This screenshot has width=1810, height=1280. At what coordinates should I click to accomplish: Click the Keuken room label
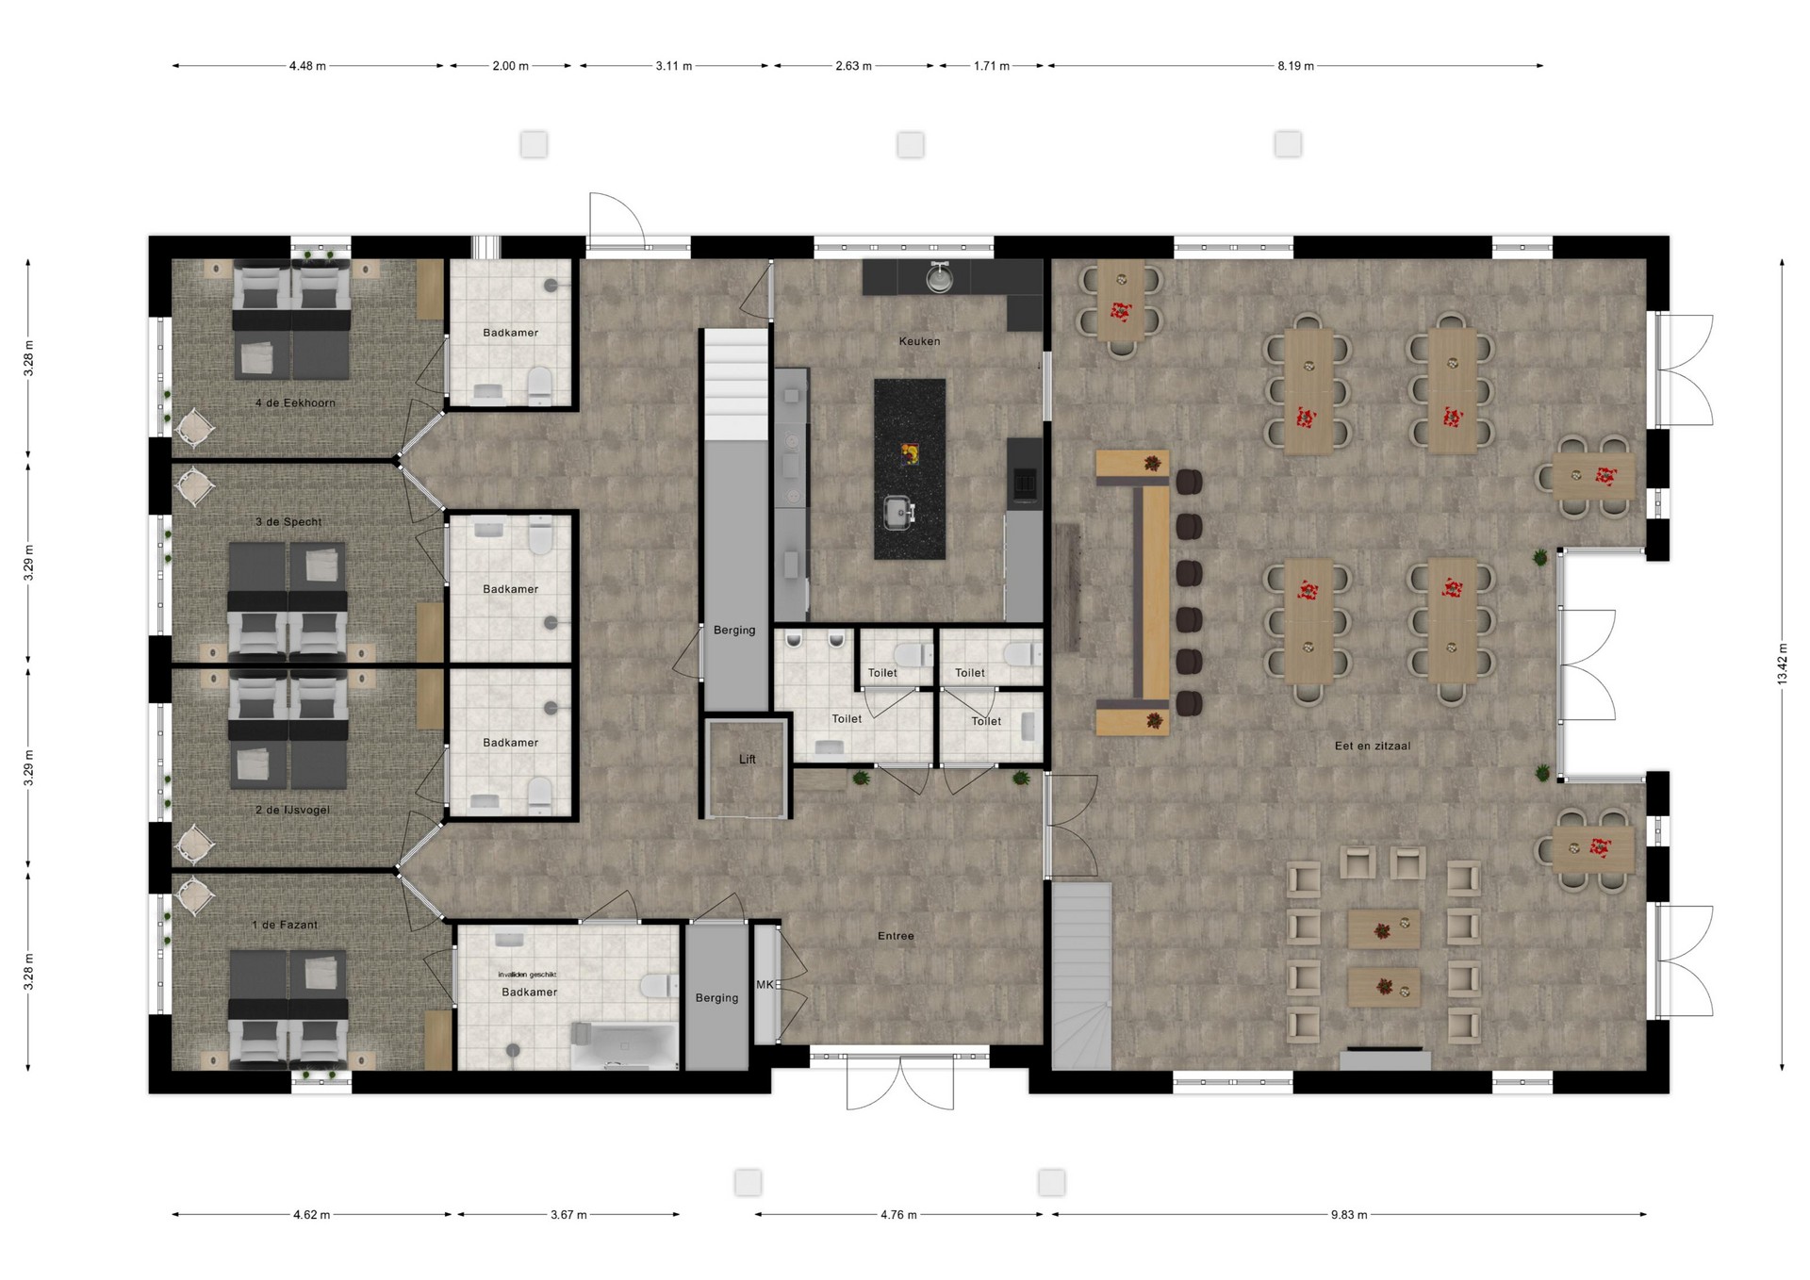click(919, 341)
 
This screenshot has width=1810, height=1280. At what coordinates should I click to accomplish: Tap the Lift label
click(748, 760)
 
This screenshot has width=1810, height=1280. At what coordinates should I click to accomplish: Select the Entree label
click(896, 936)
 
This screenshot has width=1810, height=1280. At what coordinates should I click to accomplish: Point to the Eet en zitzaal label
click(1373, 746)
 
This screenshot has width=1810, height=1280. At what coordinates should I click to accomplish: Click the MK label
click(765, 985)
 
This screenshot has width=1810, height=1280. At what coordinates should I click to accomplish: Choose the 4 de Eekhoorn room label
click(295, 403)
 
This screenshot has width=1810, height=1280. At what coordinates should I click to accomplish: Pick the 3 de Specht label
click(288, 522)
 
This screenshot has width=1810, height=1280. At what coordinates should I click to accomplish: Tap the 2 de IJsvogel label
click(292, 811)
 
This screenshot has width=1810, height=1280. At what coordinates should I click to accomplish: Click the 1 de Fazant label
click(285, 926)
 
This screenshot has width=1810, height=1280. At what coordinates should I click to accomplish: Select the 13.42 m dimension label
click(1783, 665)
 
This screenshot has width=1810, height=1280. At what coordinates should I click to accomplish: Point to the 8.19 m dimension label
click(1295, 66)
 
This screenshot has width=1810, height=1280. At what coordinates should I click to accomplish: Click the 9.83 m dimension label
click(1349, 1215)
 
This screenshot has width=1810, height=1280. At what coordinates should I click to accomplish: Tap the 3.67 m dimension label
click(568, 1215)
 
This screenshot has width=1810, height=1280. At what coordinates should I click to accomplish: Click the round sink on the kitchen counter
click(938, 277)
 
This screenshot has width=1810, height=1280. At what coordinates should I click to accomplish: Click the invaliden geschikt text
click(528, 975)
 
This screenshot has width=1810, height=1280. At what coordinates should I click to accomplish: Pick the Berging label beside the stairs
click(734, 631)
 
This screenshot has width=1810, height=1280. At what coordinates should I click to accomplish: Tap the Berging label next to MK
click(716, 998)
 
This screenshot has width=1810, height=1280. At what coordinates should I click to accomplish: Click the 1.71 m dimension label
click(992, 66)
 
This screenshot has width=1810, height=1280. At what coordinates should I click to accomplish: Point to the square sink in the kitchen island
click(899, 512)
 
